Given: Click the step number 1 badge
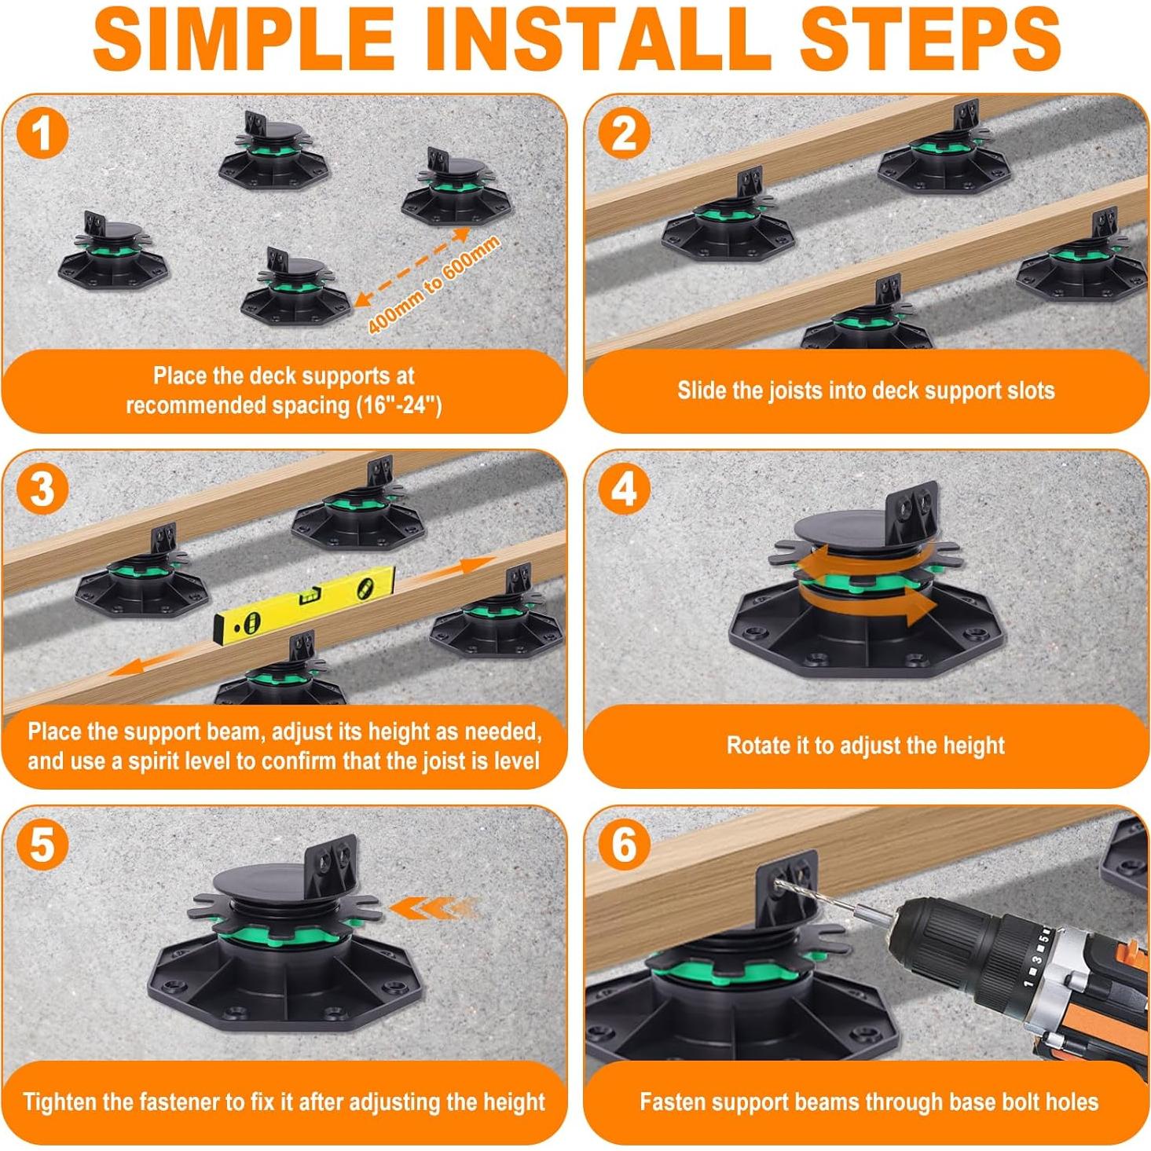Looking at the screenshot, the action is click(x=42, y=134).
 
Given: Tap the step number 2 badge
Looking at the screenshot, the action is click(x=625, y=134).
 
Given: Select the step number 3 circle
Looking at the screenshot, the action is click(x=42, y=489).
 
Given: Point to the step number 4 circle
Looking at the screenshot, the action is click(x=625, y=489).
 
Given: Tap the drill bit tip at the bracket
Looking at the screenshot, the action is click(x=777, y=880).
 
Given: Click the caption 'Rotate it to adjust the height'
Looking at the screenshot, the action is click(x=866, y=746).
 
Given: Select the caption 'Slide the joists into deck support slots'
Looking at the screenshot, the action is click(x=866, y=390).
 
